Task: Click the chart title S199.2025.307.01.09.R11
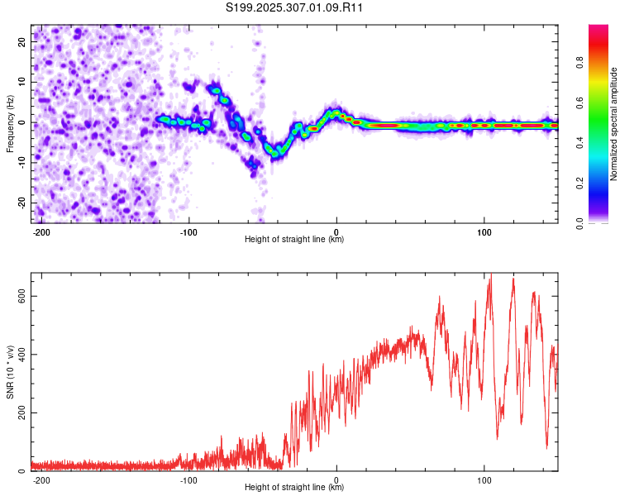[x=295, y=7]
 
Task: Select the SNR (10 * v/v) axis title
[x=10, y=371]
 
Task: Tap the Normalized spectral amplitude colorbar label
[x=614, y=124]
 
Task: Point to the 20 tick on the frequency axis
[x=22, y=41]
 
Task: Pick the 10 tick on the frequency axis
[x=22, y=82]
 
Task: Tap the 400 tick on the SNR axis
[x=18, y=355]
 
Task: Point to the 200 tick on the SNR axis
[x=18, y=413]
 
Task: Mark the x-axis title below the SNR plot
[x=294, y=488]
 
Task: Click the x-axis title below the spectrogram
[x=294, y=240]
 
